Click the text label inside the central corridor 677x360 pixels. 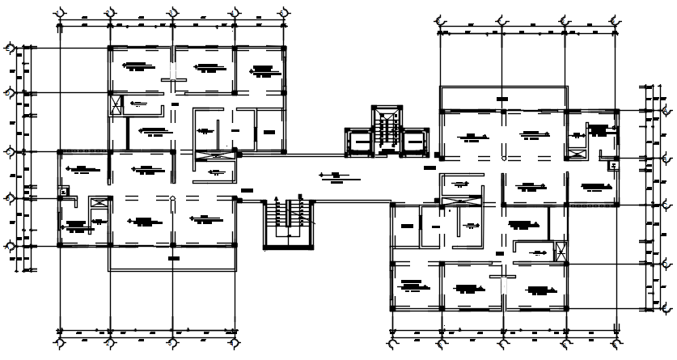(x=332, y=175)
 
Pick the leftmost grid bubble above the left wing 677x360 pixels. (x=59, y=14)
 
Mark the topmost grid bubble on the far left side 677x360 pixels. (x=11, y=49)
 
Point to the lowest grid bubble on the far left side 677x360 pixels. (x=11, y=246)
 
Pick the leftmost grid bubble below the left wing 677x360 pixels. (x=59, y=343)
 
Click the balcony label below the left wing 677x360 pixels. (x=173, y=258)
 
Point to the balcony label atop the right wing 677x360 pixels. (x=502, y=99)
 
